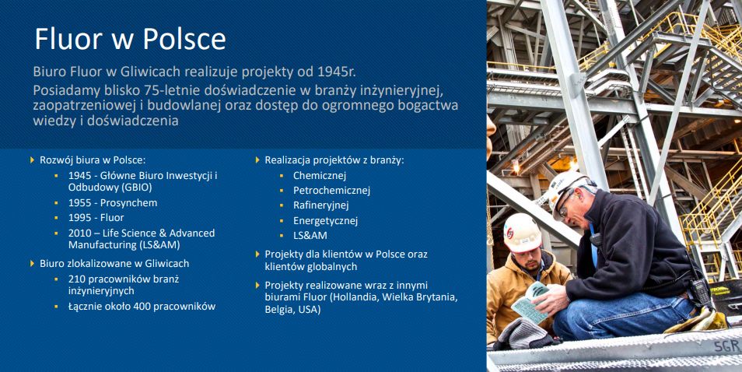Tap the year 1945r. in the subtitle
[337, 72]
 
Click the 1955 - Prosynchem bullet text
[113, 203]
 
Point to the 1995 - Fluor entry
[96, 218]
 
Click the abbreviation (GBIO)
[136, 188]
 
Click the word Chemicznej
[320, 176]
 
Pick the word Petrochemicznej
[331, 191]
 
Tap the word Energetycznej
[325, 220]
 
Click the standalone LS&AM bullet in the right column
[310, 235]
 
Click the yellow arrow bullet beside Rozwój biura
[32, 160]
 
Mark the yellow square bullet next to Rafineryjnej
[282, 205]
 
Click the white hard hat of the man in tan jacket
[522, 233]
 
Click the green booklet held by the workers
[530, 303]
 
